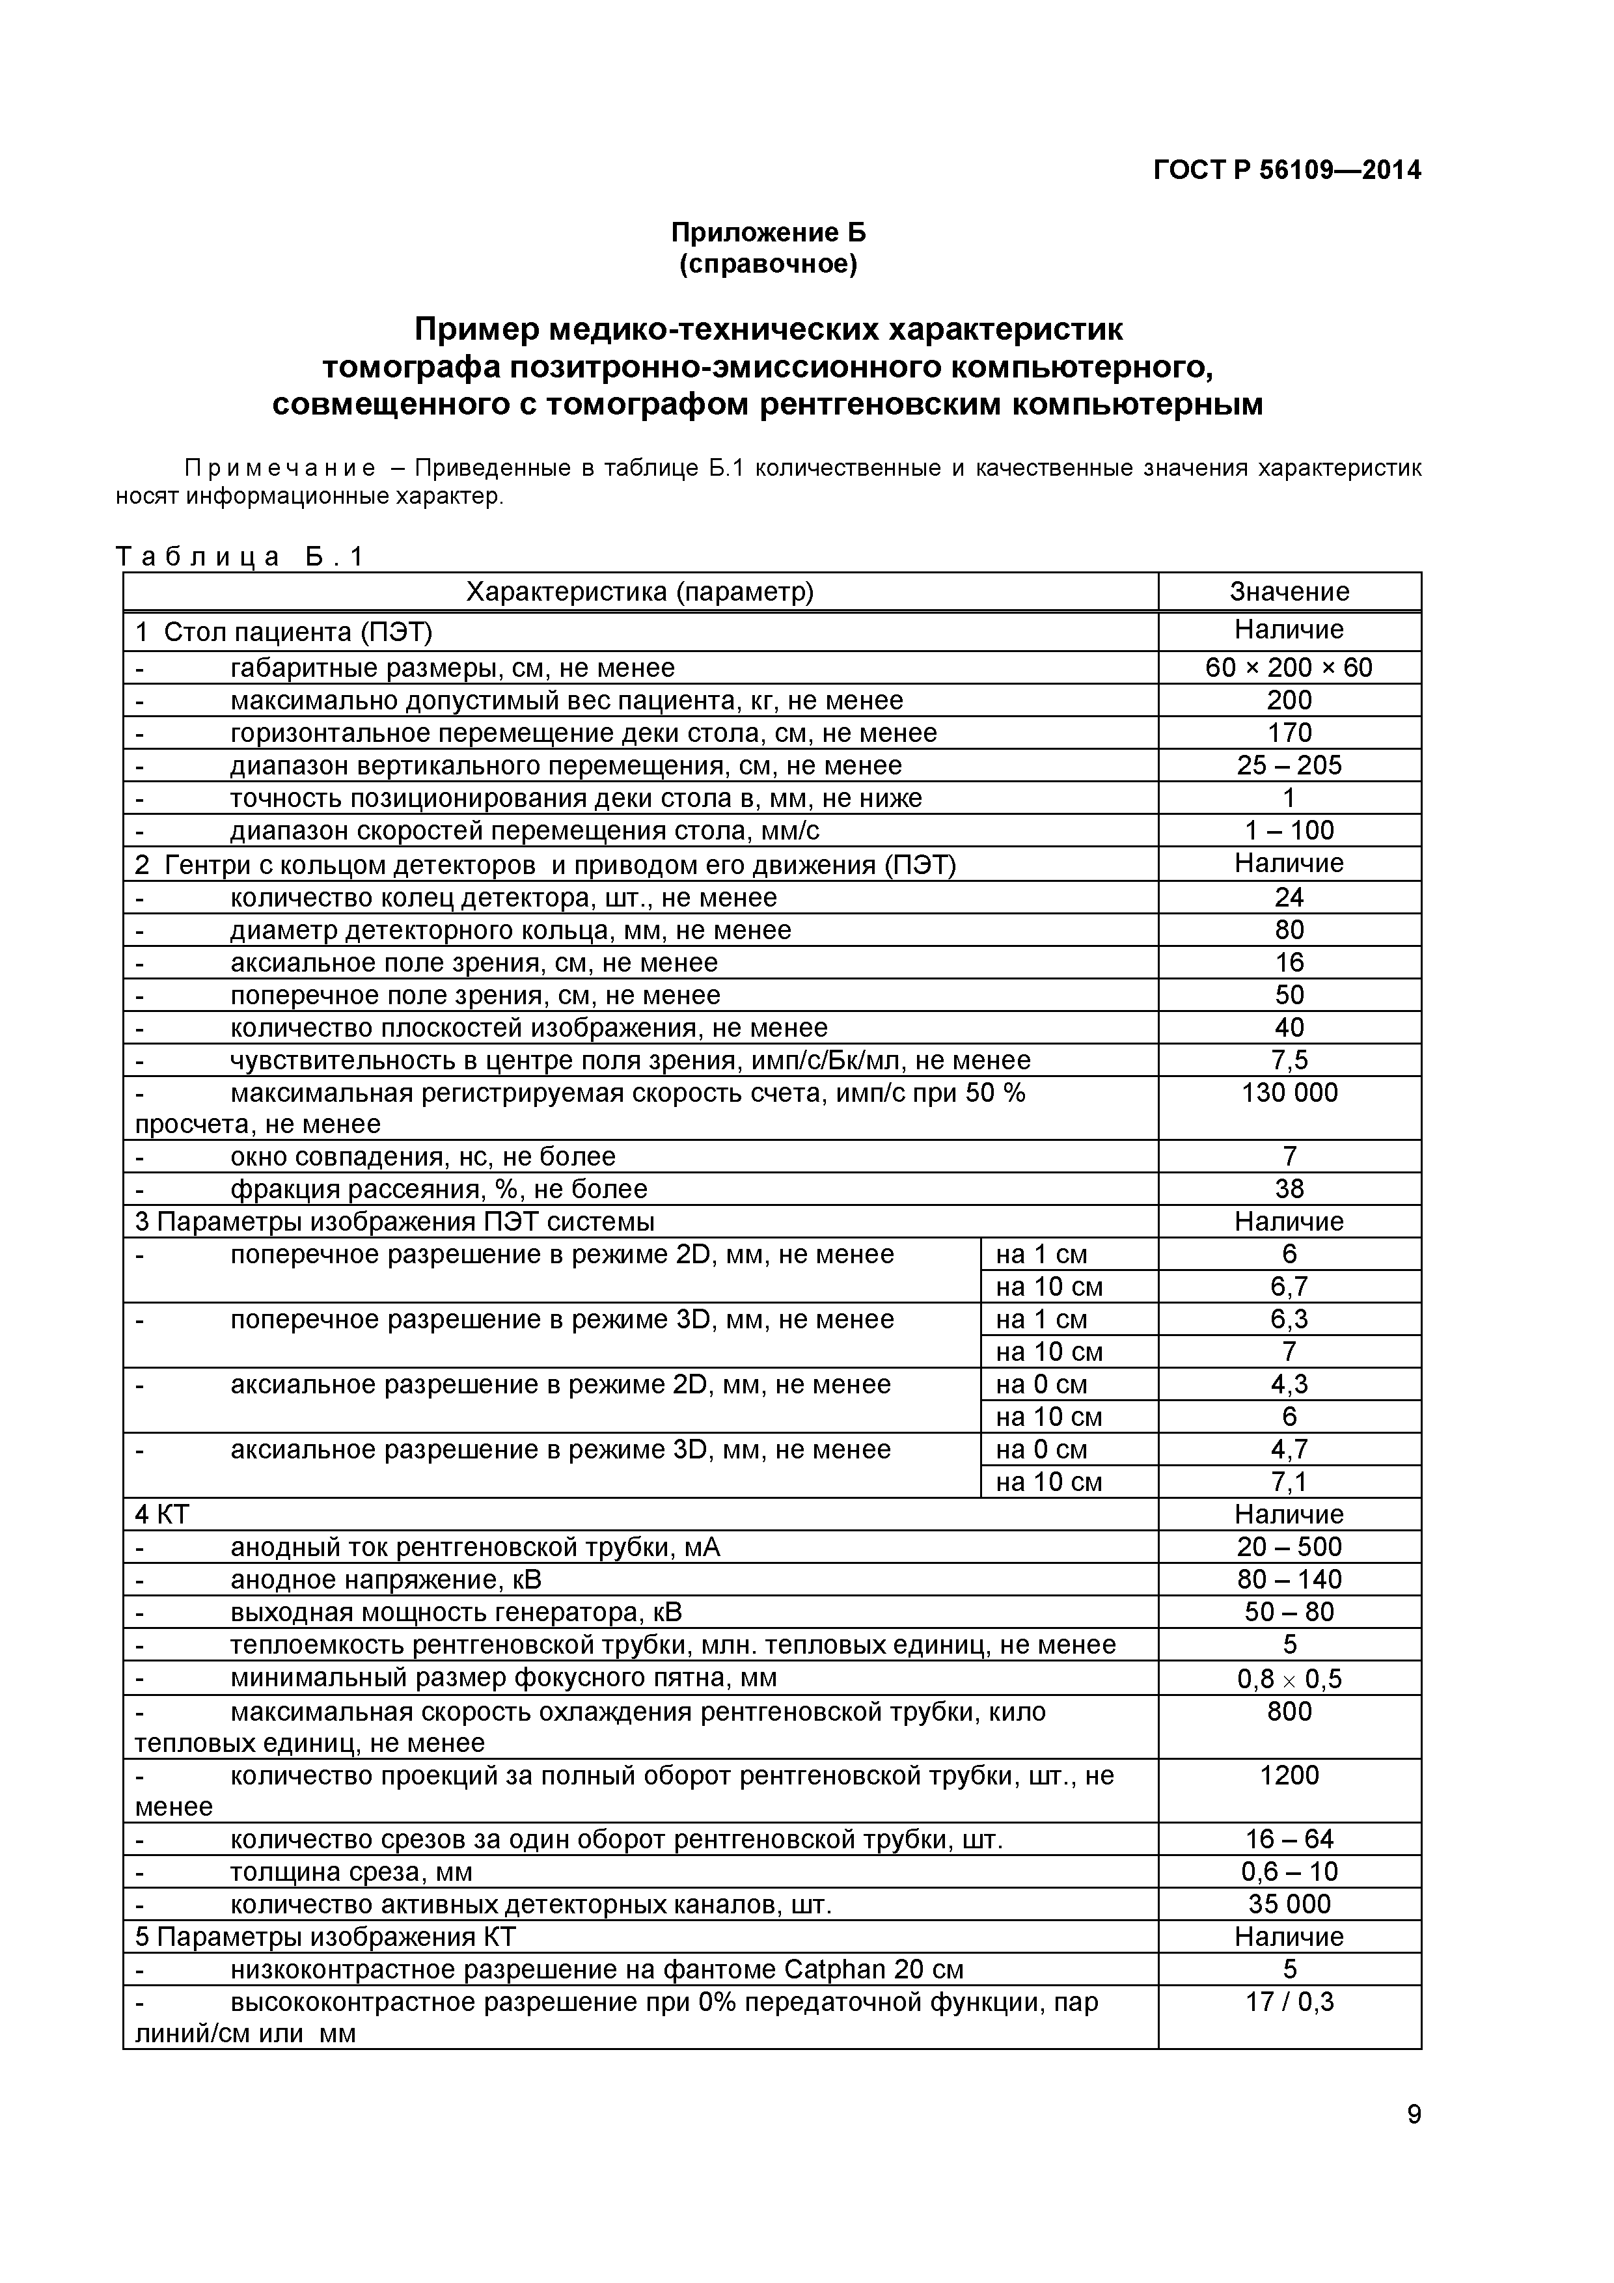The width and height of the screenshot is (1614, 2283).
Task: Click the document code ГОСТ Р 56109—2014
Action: tap(1286, 170)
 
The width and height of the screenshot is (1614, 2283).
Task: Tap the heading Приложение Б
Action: tap(768, 233)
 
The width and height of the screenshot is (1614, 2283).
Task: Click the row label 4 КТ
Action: tap(162, 1514)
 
